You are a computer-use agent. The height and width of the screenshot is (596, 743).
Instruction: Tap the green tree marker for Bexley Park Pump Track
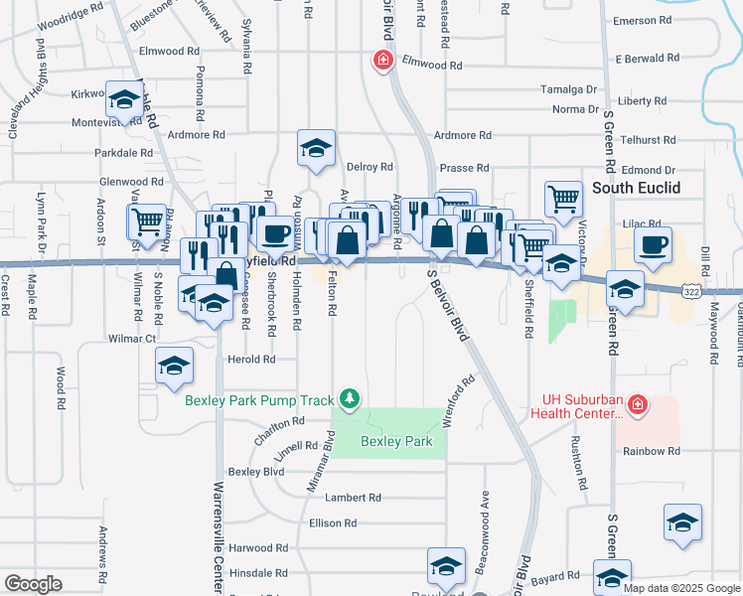[349, 399]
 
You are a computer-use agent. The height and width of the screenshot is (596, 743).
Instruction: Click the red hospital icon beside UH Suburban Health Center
[637, 405]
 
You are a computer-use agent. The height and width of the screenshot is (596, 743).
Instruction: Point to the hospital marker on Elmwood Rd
[381, 62]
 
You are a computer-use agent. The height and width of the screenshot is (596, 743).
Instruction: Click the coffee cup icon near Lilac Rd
[653, 245]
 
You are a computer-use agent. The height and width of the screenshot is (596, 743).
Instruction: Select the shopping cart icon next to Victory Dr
[563, 198]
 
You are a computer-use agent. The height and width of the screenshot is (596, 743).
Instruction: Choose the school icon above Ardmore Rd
[316, 149]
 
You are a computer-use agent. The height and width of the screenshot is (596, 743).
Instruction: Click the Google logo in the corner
[33, 584]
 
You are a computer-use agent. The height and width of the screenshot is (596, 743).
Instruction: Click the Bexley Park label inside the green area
[396, 441]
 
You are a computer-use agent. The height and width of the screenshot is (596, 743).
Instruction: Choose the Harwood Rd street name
[257, 547]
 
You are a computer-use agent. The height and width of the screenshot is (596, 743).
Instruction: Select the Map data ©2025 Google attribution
[681, 588]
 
